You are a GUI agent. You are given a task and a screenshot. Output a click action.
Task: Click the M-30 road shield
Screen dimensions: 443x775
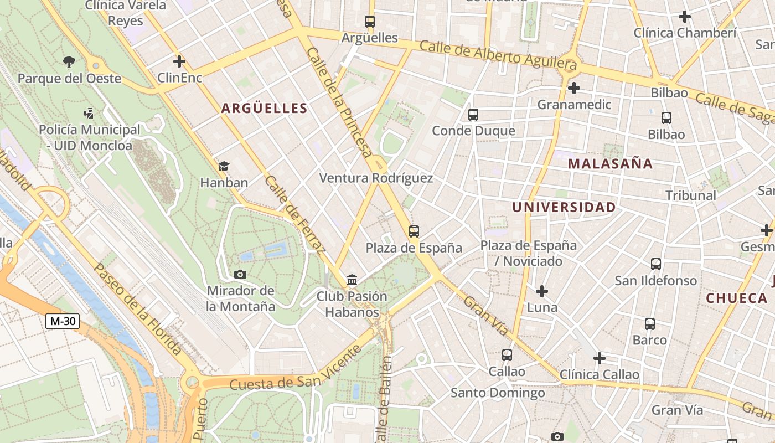click(63, 321)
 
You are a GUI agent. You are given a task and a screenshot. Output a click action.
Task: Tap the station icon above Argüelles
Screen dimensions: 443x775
click(370, 22)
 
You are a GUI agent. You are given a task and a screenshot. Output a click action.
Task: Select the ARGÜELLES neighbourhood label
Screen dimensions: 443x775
click(264, 108)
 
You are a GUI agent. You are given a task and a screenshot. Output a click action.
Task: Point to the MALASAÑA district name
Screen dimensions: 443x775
click(610, 163)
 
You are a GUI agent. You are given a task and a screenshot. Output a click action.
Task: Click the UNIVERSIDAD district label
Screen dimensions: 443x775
click(564, 207)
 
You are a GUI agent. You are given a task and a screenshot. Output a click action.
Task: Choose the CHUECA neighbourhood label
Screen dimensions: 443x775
click(736, 298)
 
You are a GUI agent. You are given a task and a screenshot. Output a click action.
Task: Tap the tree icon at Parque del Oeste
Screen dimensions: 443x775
click(69, 62)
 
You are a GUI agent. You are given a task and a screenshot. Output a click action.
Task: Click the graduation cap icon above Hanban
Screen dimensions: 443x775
click(224, 166)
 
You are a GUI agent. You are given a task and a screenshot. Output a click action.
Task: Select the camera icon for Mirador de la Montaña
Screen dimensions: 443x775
click(240, 274)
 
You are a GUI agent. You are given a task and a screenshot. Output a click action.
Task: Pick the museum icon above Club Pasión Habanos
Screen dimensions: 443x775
click(352, 280)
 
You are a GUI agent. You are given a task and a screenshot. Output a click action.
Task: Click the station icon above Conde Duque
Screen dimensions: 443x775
click(473, 115)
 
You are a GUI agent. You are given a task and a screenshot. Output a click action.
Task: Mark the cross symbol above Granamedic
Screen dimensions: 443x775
click(574, 88)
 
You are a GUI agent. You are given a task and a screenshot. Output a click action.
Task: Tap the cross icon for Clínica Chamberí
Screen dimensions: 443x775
click(685, 17)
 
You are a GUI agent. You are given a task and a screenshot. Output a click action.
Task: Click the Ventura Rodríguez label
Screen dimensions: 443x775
click(376, 178)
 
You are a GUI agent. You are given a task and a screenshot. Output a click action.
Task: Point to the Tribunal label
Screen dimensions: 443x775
click(690, 195)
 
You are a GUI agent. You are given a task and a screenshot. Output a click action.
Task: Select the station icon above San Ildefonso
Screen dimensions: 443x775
click(656, 264)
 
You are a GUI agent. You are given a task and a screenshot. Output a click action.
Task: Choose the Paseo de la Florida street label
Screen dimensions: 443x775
click(137, 308)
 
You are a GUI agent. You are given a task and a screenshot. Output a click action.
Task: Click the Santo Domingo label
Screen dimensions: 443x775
click(497, 393)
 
